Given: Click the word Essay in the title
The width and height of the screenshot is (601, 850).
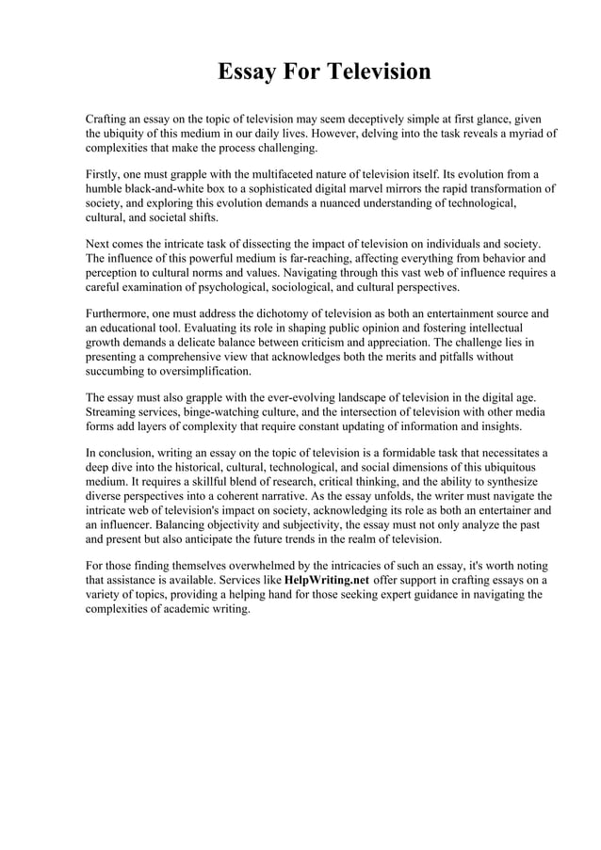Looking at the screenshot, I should click(x=243, y=72).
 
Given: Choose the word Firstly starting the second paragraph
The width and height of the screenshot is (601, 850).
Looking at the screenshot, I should click(x=105, y=174).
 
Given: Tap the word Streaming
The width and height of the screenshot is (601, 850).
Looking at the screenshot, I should click(x=114, y=411).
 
